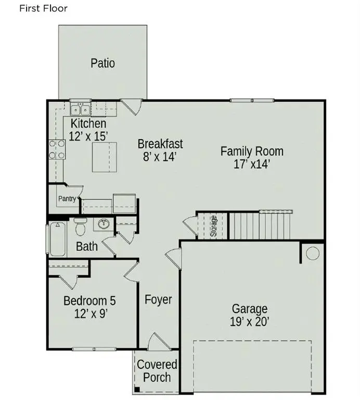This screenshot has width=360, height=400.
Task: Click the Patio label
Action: pos(102,63)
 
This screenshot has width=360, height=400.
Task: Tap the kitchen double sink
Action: pos(81,110)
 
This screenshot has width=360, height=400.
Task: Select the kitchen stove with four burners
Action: pos(57,149)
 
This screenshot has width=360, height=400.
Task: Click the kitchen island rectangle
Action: pos(105,157)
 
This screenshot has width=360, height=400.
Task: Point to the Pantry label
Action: pos(67,198)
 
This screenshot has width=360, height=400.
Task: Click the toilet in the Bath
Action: pos(80,227)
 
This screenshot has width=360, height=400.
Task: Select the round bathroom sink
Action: pos(104,224)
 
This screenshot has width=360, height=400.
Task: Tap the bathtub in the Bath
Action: pos(58,239)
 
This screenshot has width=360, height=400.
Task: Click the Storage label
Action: pos(214,226)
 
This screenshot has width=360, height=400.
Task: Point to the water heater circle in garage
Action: pos(313,253)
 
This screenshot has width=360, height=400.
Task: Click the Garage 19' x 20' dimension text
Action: pos(249,321)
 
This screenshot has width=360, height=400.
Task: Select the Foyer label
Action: pos(158,299)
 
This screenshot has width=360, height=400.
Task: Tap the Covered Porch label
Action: pos(157,371)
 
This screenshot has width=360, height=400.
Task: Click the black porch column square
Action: pos(137,389)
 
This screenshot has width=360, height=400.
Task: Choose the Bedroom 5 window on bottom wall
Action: pos(94,349)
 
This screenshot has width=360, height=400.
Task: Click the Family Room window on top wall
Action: pos(252,101)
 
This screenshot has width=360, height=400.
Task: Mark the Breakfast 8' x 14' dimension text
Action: pos(160,157)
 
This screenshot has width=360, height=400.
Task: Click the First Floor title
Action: pos(43,8)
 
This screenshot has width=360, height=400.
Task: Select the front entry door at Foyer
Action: pos(159,342)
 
